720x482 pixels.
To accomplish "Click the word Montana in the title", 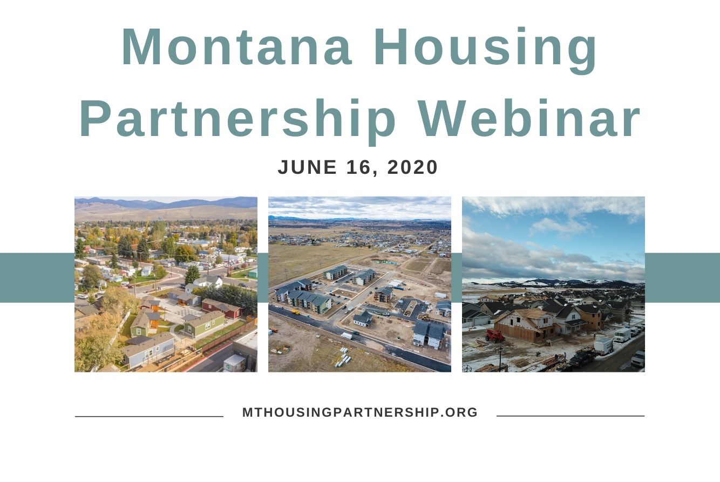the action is pyautogui.click(x=237, y=47).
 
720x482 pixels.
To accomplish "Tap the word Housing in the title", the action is pyautogui.click(x=485, y=51).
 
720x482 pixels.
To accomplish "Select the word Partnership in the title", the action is pyautogui.click(x=237, y=121).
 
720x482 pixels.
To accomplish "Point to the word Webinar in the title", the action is pyautogui.click(x=528, y=118).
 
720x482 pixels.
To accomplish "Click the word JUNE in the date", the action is pyautogui.click(x=307, y=167).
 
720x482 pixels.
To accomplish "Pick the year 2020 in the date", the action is pyautogui.click(x=412, y=167).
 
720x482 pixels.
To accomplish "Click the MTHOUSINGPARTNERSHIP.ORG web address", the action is pyautogui.click(x=360, y=412).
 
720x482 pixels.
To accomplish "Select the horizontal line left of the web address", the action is pyautogui.click(x=149, y=416).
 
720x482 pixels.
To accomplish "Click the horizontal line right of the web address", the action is pyautogui.click(x=570, y=416).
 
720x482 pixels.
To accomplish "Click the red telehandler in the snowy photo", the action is pyautogui.click(x=495, y=336).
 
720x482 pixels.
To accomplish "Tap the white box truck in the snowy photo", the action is pyautogui.click(x=623, y=335).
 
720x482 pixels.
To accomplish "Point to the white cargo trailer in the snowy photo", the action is pyautogui.click(x=603, y=347).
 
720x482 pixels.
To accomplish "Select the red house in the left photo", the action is pyautogui.click(x=222, y=308).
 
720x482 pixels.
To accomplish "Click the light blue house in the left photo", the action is pyautogui.click(x=148, y=351).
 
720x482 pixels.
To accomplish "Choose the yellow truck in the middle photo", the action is pyautogui.click(x=295, y=312).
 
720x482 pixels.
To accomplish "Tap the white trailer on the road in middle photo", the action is pyautogui.click(x=347, y=336).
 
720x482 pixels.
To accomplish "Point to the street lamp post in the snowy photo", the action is pyautogui.click(x=500, y=359).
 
